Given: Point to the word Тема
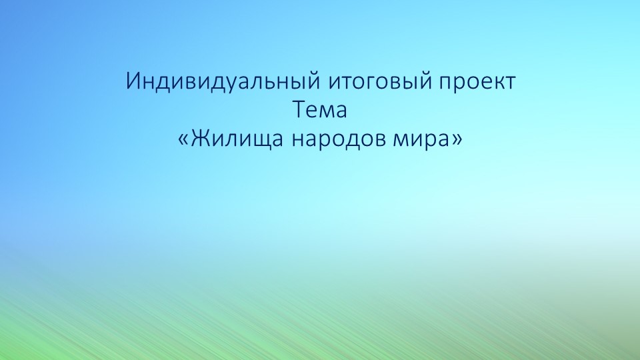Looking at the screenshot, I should tap(320, 110).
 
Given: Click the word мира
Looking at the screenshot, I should tap(419, 138).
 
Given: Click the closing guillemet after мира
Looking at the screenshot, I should tap(456, 139).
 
